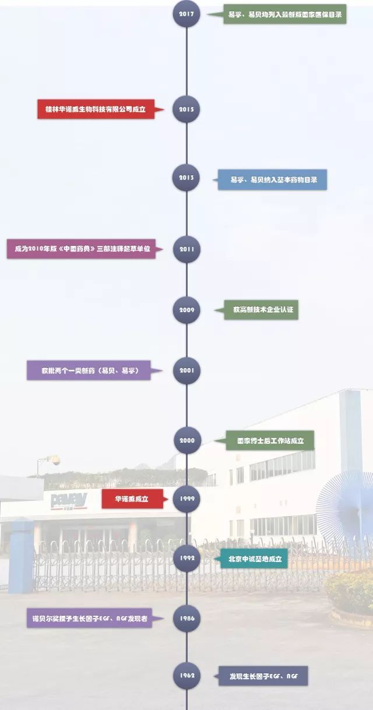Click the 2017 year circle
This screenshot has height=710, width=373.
click(186, 14)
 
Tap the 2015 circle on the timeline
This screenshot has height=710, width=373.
click(186, 109)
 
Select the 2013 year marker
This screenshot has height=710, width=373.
click(186, 178)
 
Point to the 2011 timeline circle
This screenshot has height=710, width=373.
click(186, 249)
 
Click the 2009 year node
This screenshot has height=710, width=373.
click(186, 310)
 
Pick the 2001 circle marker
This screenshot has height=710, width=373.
click(186, 370)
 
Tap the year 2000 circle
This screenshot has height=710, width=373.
click(186, 440)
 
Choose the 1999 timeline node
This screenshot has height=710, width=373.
click(186, 499)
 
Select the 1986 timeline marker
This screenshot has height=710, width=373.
click(186, 619)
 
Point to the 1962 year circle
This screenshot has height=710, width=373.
click(186, 676)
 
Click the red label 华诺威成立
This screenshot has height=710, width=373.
click(132, 499)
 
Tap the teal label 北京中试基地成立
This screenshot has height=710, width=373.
click(254, 559)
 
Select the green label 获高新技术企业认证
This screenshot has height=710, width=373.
click(262, 310)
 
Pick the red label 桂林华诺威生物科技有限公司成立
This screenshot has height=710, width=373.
click(96, 109)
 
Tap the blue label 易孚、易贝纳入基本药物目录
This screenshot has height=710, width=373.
click(272, 180)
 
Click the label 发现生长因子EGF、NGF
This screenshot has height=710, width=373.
click(263, 676)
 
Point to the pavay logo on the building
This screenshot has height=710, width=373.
click(69, 500)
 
